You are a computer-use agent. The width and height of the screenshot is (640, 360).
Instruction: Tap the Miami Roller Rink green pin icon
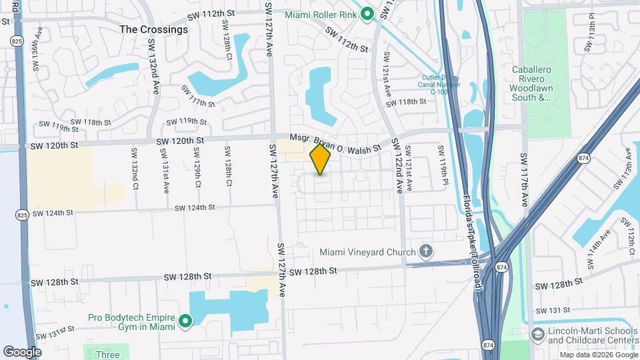click(x=367, y=15)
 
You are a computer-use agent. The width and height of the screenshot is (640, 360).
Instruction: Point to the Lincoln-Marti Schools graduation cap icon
click(x=537, y=333)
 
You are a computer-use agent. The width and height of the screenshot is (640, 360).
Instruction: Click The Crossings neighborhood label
click(x=153, y=29)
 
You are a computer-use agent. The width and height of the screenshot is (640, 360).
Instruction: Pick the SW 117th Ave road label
click(x=523, y=179)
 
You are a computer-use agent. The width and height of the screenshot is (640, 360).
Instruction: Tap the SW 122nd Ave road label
click(x=398, y=165)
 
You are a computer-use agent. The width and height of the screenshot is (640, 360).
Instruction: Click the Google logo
click(x=21, y=351)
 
